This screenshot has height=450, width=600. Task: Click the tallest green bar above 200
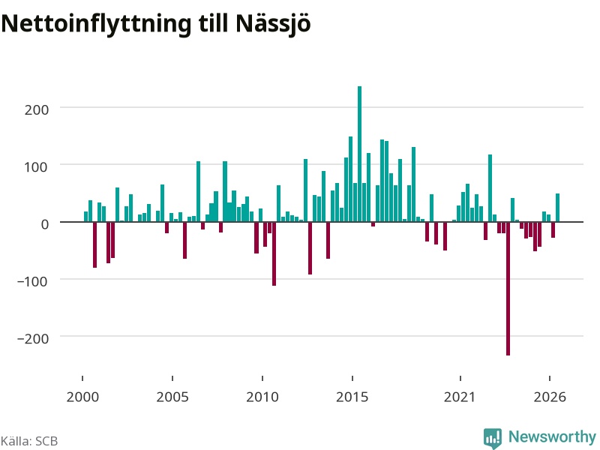(359, 154)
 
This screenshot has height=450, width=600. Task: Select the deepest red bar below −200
(508, 289)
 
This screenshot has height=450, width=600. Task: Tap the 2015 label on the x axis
(352, 397)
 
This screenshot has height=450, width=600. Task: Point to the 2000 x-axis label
(82, 397)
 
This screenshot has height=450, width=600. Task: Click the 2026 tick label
(550, 397)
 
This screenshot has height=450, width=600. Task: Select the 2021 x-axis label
(460, 397)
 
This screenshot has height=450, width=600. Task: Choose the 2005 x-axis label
(172, 397)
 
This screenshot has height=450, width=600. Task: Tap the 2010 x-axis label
(262, 397)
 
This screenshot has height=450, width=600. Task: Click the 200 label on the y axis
(37, 109)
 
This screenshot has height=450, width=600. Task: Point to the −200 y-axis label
(33, 339)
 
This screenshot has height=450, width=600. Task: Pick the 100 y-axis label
(37, 166)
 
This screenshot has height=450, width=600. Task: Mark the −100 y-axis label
(33, 281)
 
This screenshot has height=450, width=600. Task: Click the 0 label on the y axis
(45, 224)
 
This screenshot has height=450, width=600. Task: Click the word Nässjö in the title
(273, 23)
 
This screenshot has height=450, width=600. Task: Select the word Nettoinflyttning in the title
(96, 24)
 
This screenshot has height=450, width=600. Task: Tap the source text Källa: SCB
(29, 441)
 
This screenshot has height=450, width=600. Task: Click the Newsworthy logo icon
(493, 438)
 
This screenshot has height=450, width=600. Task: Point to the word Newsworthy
(552, 436)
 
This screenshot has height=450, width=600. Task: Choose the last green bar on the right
(557, 208)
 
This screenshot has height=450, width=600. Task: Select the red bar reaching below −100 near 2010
(274, 253)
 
